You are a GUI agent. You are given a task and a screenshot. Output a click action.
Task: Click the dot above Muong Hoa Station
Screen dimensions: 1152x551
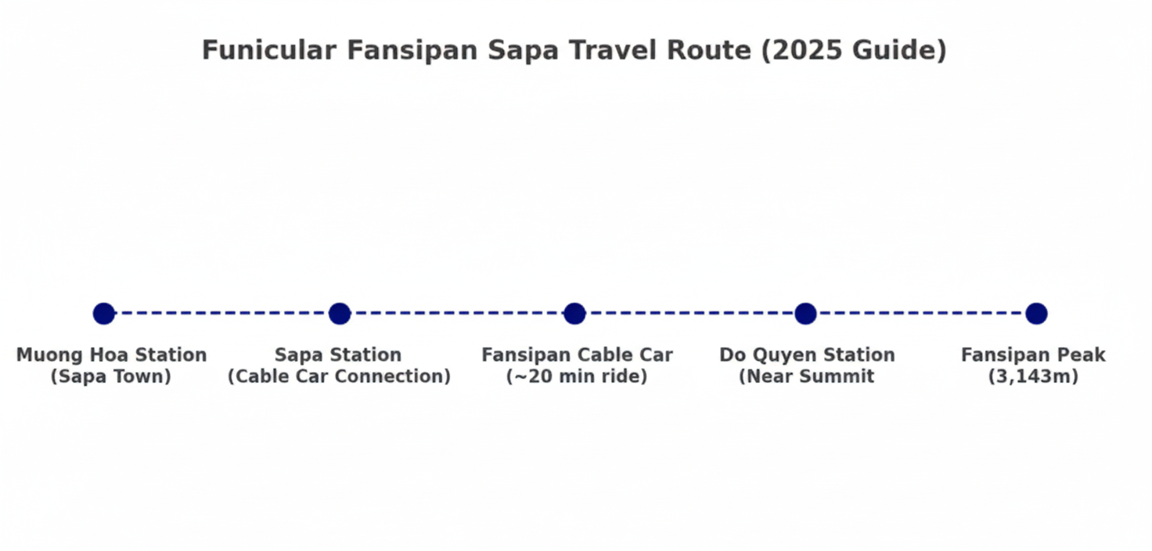point(104,313)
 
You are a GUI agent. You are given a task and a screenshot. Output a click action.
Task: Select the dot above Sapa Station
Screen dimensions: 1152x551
point(340,313)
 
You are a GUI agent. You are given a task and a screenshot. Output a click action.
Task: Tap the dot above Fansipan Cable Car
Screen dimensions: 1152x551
point(574,313)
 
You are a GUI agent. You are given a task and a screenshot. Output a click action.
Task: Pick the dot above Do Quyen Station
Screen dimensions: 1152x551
point(805,313)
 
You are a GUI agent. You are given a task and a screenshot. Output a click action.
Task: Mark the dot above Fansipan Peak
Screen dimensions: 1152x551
point(1036,313)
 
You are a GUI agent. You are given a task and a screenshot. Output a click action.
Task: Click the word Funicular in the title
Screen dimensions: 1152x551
point(269,50)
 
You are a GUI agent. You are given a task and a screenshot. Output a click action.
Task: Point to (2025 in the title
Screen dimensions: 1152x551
point(801,50)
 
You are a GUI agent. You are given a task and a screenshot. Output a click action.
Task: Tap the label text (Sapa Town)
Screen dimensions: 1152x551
point(110,376)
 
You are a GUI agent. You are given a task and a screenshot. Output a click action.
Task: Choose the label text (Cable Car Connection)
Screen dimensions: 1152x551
point(340,376)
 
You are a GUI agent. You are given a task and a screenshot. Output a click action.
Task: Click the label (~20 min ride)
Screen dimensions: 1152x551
point(577,376)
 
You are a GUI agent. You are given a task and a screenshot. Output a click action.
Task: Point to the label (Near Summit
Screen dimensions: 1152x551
point(806,376)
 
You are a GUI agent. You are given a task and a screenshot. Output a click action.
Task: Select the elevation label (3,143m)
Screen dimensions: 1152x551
point(1033,376)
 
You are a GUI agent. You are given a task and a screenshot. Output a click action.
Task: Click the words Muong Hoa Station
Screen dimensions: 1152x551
point(112,355)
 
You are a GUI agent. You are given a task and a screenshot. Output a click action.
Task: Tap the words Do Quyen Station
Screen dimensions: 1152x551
point(807,355)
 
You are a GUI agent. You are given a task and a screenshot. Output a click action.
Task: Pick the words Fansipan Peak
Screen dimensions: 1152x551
point(1033,355)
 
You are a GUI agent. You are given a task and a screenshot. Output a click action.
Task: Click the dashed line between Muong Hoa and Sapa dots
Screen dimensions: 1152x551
point(221,313)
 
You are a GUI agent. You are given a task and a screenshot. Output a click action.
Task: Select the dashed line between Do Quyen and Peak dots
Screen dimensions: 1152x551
point(920,313)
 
